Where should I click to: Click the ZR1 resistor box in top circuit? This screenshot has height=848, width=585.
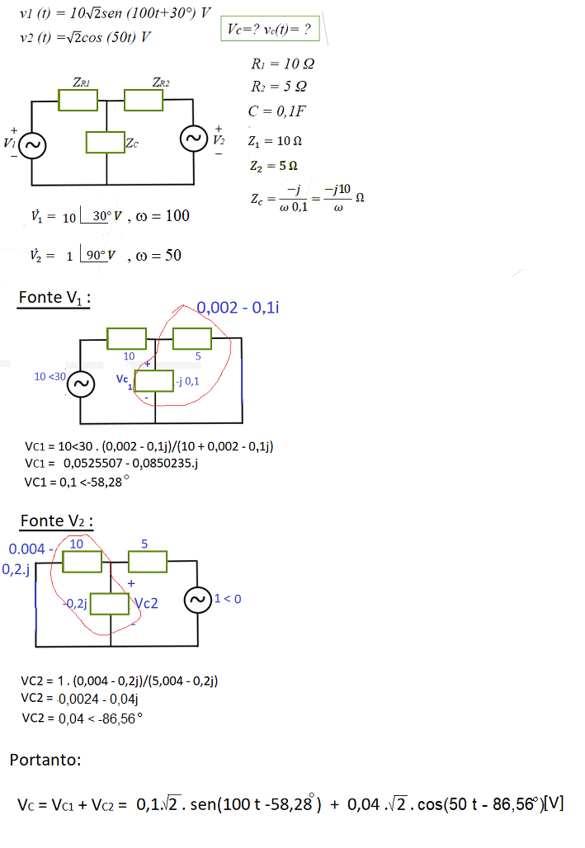coord(78,100)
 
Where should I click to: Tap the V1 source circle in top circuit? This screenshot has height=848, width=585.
coord(32,146)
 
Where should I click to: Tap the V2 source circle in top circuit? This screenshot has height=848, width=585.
coord(194,139)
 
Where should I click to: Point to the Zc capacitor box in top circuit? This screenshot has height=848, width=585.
coord(105,143)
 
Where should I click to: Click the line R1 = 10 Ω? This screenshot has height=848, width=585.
coord(282,64)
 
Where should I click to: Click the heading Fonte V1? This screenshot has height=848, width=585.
coord(54,298)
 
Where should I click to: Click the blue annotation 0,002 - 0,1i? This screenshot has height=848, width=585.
coord(237,308)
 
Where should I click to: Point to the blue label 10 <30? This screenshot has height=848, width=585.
coord(50,376)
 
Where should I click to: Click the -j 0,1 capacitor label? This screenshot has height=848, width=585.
coord(187,381)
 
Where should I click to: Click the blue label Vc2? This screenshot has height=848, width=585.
coord(144,603)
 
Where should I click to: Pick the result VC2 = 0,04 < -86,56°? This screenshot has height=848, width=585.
coord(82,718)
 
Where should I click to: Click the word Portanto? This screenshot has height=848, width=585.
coord(45,760)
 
